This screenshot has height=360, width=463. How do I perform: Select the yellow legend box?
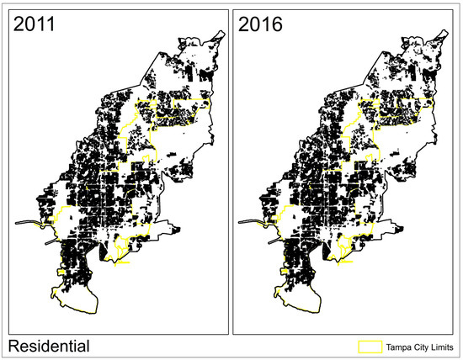tap(370, 346)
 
